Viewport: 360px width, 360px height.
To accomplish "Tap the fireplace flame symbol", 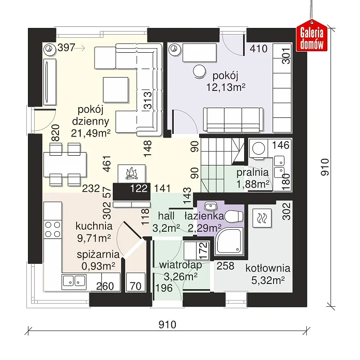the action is tap(131, 173).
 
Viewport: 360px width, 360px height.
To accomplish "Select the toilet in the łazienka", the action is tap(234, 217).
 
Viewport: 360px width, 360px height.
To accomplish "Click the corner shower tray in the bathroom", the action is tap(229, 242).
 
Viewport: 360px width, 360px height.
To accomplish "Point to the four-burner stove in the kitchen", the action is tap(53, 229).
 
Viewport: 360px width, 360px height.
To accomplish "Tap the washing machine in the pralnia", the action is tap(259, 148).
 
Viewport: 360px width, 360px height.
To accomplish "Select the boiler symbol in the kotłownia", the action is tap(262, 218).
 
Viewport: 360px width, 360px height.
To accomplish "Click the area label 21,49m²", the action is tap(91, 133).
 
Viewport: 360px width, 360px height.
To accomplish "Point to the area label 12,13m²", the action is tap(226, 87).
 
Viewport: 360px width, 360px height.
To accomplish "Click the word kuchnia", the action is tap(94, 226).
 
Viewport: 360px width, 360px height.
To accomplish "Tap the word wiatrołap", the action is tap(181, 265).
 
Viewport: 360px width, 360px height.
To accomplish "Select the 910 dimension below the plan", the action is tap(168, 325).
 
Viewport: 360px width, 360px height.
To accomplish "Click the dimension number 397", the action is tap(66, 48).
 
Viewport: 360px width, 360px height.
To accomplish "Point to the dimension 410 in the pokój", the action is tap(259, 49).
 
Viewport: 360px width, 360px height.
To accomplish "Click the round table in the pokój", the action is tap(199, 71).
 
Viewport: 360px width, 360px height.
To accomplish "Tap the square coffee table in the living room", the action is tap(115, 89).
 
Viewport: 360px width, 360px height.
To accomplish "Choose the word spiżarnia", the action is tap(98, 254).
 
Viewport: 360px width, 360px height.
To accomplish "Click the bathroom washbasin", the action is tap(211, 206).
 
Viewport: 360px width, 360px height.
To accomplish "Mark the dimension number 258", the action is tap(226, 266).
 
